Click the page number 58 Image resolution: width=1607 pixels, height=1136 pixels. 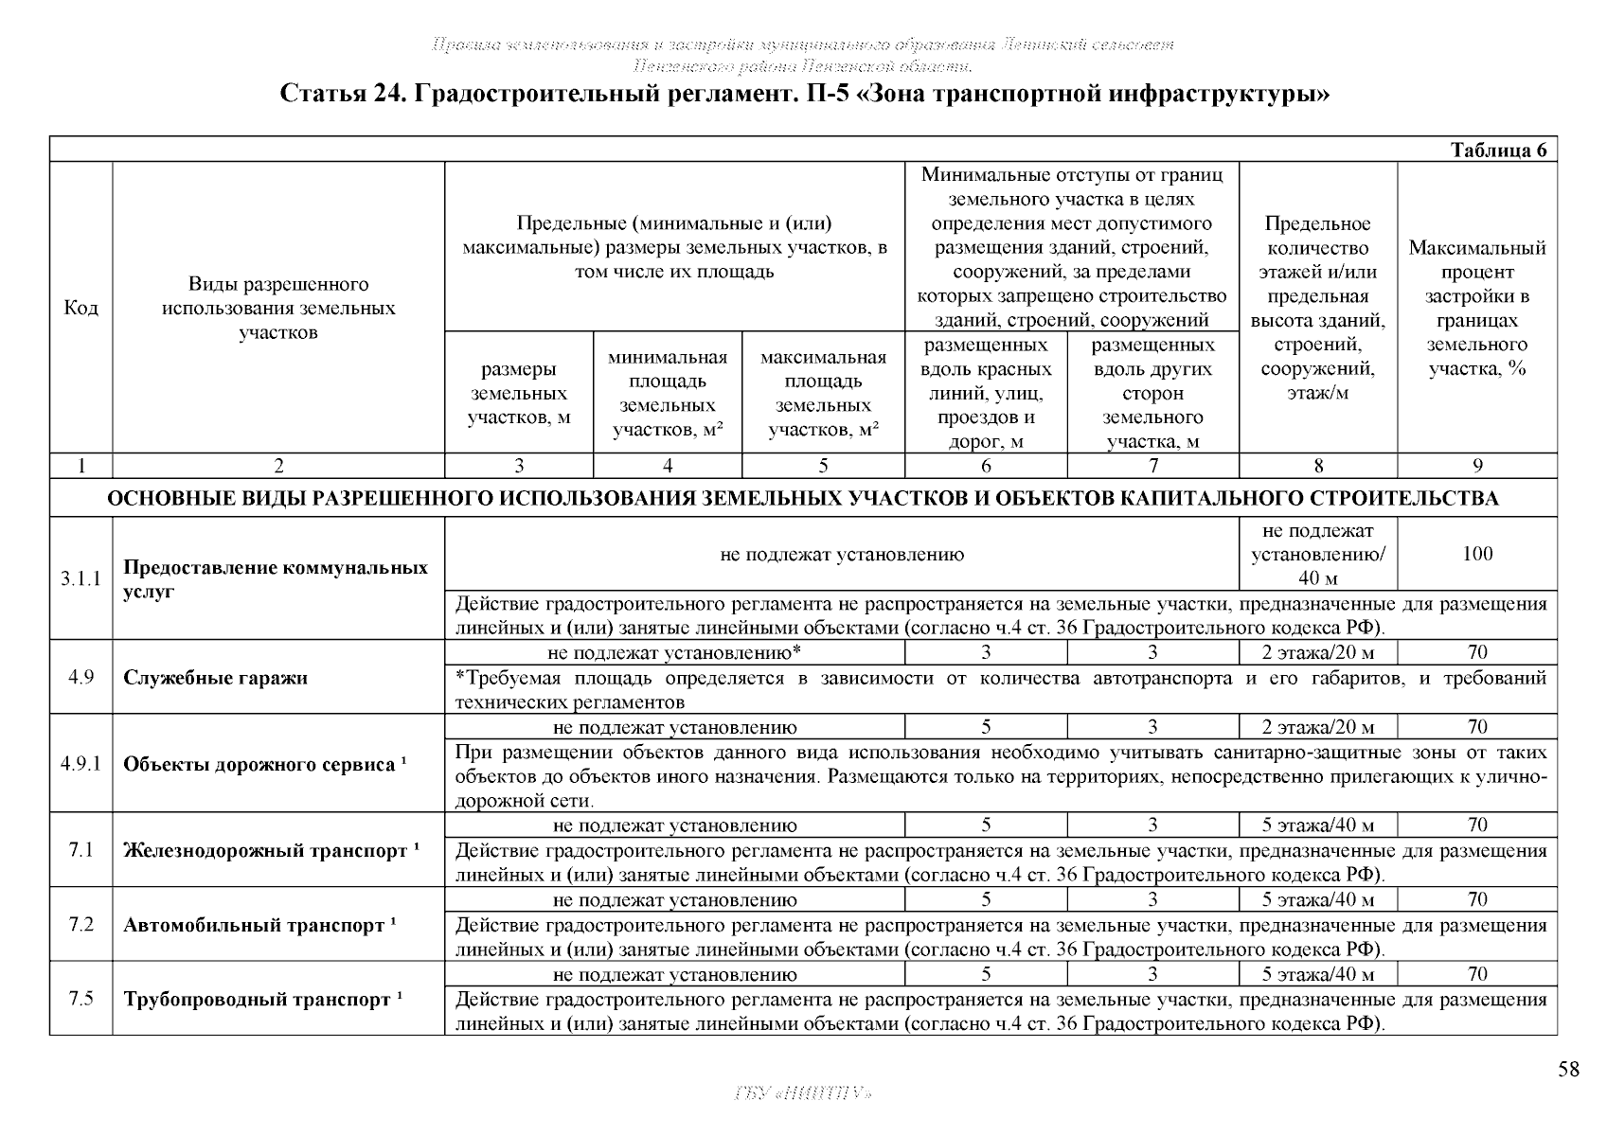pos(1568,1070)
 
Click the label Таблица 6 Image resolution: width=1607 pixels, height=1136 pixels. pos(1499,151)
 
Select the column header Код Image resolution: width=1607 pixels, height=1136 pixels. pos(80,308)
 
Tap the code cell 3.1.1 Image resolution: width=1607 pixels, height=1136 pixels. pos(80,578)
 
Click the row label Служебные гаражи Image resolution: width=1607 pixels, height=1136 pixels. pos(215,678)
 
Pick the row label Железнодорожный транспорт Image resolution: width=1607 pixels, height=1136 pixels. pos(265,850)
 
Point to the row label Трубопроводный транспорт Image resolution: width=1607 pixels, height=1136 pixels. pos(257,1000)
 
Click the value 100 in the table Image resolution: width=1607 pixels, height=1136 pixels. pos(1476,554)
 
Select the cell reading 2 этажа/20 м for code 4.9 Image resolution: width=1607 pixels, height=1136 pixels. pos(1317,652)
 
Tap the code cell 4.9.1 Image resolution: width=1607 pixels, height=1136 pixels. pos(80,763)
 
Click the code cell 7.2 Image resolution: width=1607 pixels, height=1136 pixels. pos(80,924)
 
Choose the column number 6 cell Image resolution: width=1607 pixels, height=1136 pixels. pos(986,465)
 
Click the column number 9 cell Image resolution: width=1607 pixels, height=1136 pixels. pos(1476,465)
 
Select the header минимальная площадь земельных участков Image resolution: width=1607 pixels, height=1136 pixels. pos(668,393)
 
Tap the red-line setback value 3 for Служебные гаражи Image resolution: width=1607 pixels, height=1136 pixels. pos(986,652)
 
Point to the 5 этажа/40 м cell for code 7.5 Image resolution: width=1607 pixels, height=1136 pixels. pos(1317,974)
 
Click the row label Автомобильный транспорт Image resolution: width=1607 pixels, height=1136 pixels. pos(254,925)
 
